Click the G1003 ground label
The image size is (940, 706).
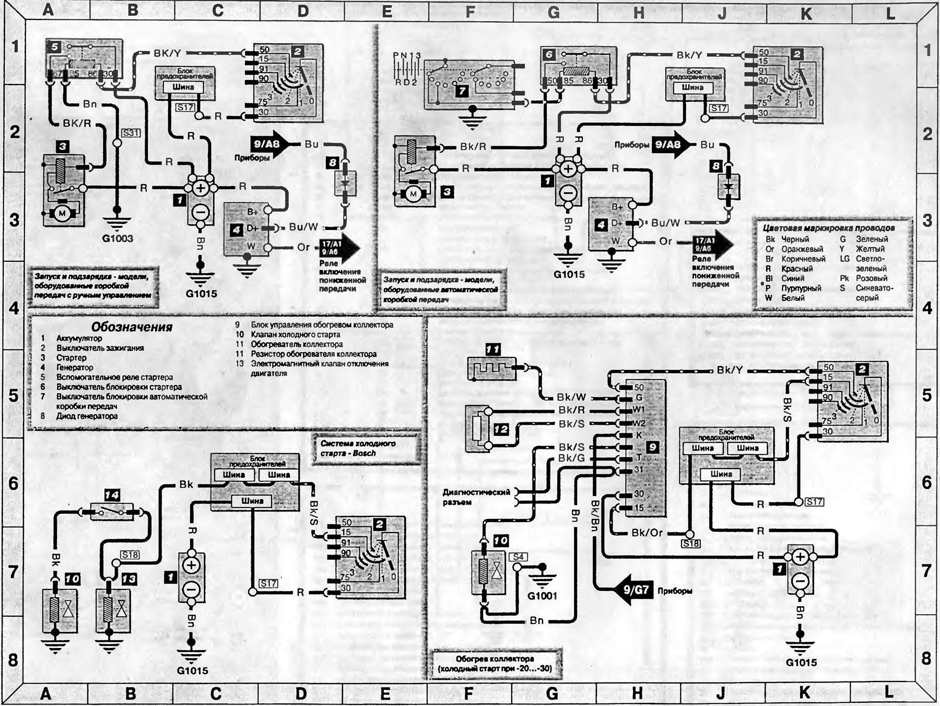[x=118, y=239]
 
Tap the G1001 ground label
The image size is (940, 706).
[x=542, y=596]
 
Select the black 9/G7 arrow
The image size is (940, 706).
[x=632, y=591]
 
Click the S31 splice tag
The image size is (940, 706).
[x=131, y=133]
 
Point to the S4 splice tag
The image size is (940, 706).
[x=518, y=557]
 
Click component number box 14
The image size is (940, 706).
[x=112, y=494]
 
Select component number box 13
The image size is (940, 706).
[x=129, y=579]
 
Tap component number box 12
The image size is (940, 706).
[x=500, y=429]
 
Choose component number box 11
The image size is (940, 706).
[x=492, y=349]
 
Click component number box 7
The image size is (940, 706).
[x=462, y=91]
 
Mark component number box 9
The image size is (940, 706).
[x=652, y=447]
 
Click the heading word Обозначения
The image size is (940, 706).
[x=132, y=327]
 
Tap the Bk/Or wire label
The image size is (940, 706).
[x=647, y=533]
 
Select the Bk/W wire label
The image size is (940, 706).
[x=571, y=398]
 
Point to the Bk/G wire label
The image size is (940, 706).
[x=571, y=458]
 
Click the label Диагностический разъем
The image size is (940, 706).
[x=475, y=497]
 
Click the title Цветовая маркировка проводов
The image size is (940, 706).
[x=828, y=228]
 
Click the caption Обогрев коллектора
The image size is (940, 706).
[x=495, y=659]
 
